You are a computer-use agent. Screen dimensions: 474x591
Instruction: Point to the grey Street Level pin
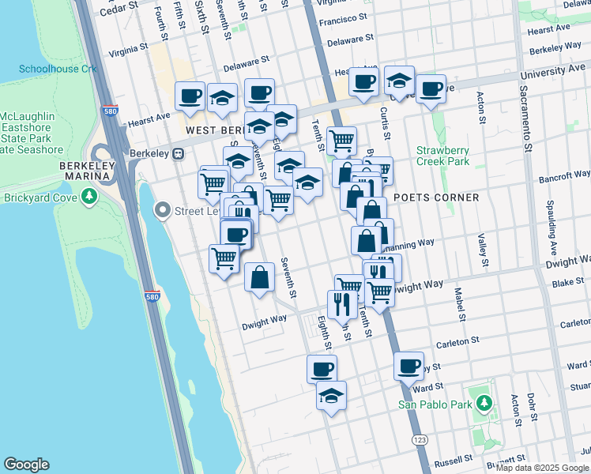pyautogui.click(x=163, y=210)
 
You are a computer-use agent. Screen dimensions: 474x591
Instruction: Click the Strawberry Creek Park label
pyautogui.click(x=443, y=156)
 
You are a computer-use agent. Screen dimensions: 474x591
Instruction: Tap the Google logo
pyautogui.click(x=26, y=465)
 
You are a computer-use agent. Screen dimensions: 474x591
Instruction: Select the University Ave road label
pyautogui.click(x=563, y=70)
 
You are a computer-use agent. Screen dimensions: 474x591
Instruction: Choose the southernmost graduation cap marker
pyautogui.click(x=331, y=397)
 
